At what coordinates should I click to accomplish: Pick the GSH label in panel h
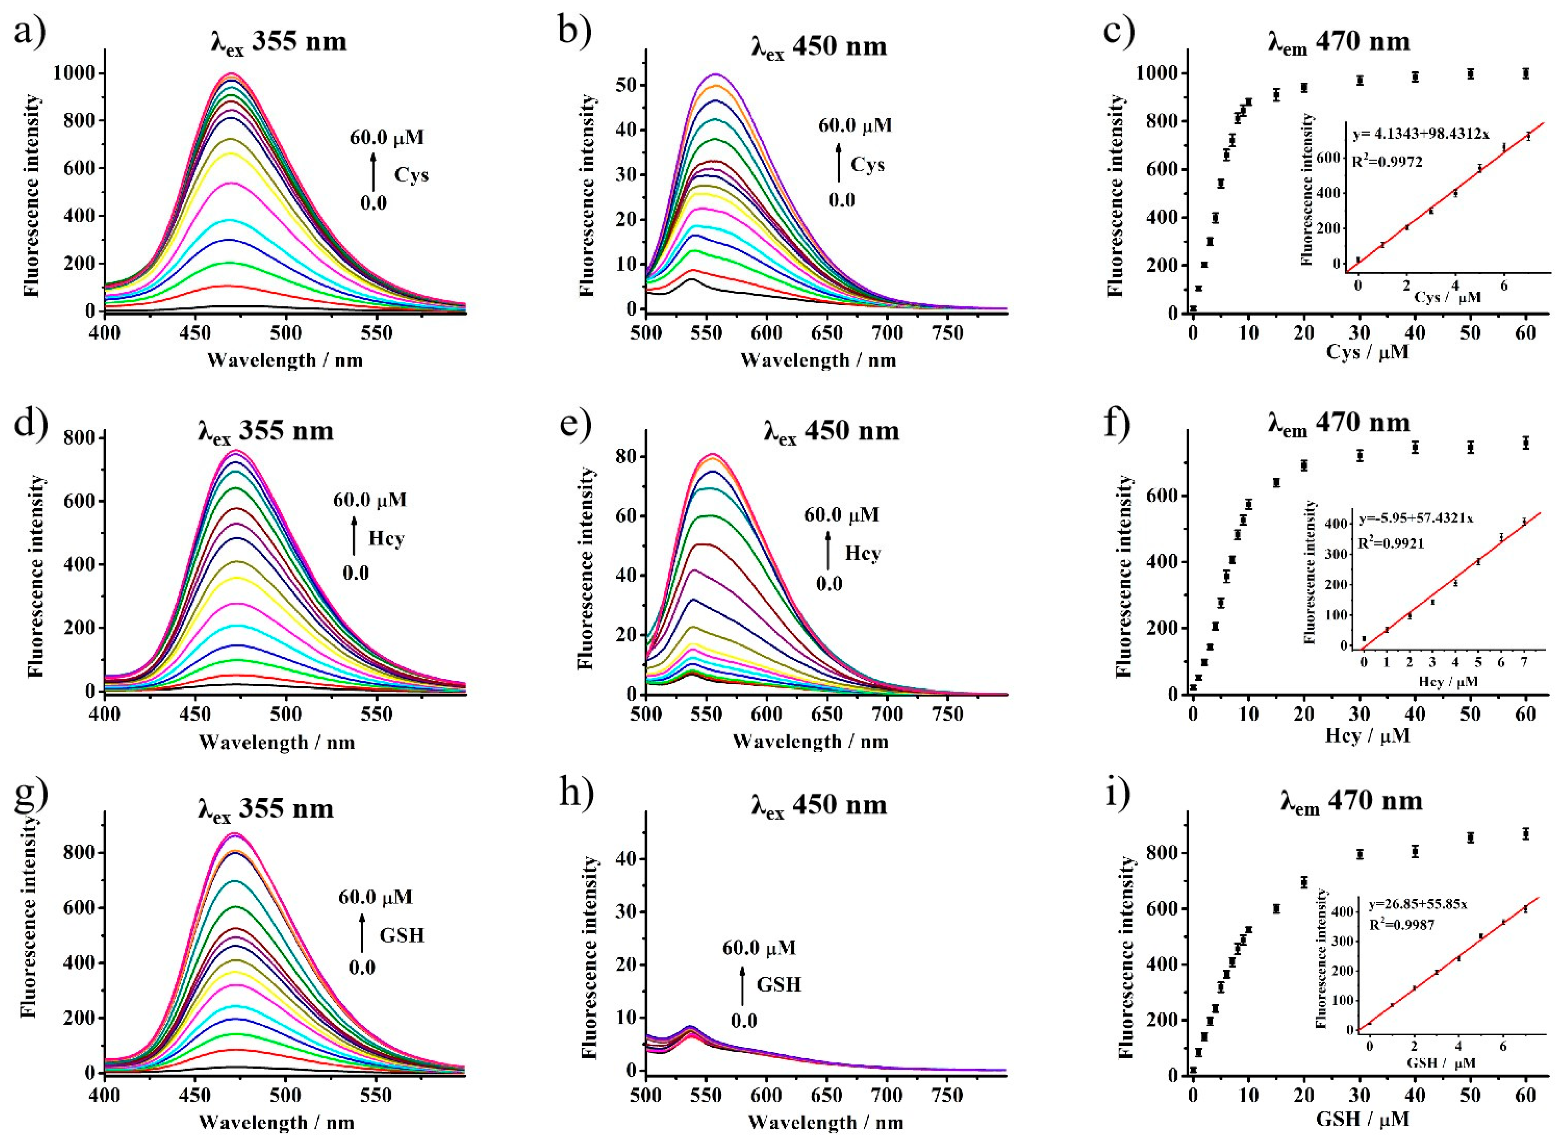779,984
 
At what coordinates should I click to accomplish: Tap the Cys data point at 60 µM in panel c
1525,73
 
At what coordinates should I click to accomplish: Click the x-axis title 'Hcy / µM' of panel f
1367,736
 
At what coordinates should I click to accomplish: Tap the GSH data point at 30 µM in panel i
1360,854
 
